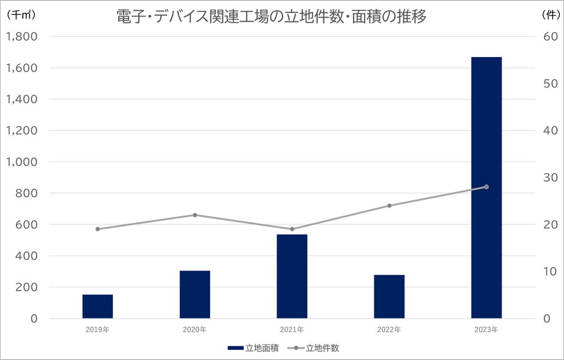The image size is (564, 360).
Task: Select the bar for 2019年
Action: (98, 306)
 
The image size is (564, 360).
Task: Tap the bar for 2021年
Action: (292, 276)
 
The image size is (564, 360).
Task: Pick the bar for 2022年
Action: (389, 296)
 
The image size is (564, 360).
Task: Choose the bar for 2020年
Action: (195, 294)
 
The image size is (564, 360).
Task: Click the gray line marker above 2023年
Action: (486, 187)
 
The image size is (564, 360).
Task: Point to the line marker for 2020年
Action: (195, 215)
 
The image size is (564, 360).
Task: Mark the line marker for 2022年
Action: (389, 206)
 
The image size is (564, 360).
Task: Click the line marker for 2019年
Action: (98, 229)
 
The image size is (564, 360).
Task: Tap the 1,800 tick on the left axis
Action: (22, 37)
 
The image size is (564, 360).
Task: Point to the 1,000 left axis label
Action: (22, 162)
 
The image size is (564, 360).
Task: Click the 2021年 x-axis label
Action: (292, 329)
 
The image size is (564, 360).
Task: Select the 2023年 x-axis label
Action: (486, 329)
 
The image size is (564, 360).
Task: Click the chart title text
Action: (271, 17)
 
